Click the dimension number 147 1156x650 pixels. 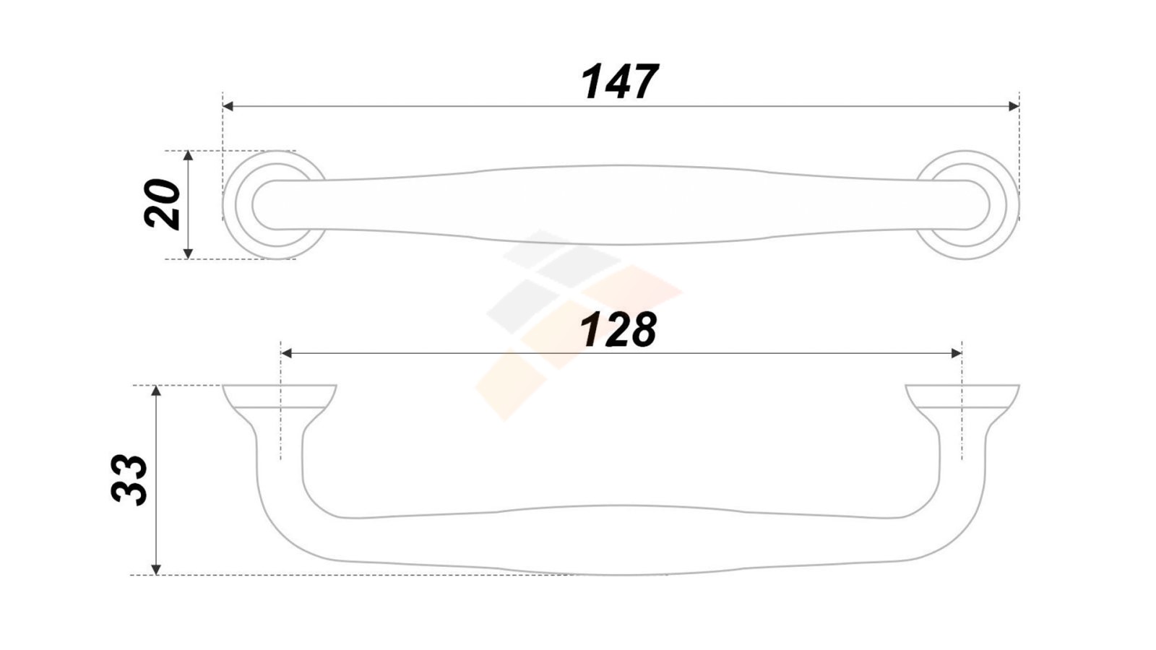tap(620, 82)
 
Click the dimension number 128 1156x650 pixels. tap(618, 329)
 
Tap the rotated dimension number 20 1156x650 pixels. tap(162, 204)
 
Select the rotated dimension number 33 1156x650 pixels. tap(129, 480)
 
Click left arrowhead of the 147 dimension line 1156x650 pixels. tap(228, 106)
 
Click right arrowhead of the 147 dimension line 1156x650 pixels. tap(1014, 106)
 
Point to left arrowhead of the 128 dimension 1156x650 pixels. tap(286, 353)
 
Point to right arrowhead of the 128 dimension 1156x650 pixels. tap(957, 353)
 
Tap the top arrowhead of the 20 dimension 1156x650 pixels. tap(188, 156)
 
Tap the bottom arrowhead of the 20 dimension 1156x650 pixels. tap(188, 253)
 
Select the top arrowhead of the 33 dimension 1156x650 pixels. tap(156, 391)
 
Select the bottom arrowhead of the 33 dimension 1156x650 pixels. tap(156, 569)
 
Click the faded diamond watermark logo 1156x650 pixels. tap(579, 325)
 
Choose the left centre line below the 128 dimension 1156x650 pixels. tap(281, 400)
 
